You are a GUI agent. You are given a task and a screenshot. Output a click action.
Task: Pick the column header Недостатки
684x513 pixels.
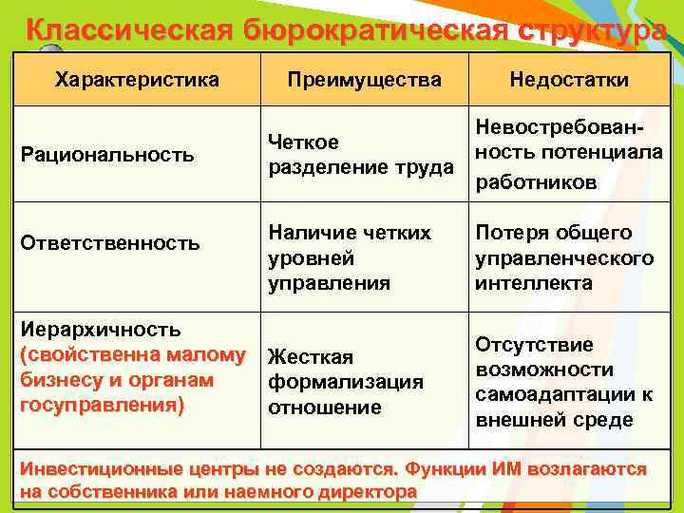coord(568,80)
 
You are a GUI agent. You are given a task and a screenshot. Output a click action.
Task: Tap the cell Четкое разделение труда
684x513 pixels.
coord(360,155)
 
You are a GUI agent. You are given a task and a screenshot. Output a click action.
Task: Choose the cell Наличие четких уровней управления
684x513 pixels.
coord(349,257)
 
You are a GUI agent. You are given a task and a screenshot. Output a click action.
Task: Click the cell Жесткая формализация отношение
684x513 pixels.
coord(346,382)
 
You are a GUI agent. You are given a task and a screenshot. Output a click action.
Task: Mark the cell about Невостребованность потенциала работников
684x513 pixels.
coord(569,155)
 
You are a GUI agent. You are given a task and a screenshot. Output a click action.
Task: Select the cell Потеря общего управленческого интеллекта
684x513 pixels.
coord(564,257)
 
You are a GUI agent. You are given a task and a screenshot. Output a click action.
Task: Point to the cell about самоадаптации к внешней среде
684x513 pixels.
coord(563,382)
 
